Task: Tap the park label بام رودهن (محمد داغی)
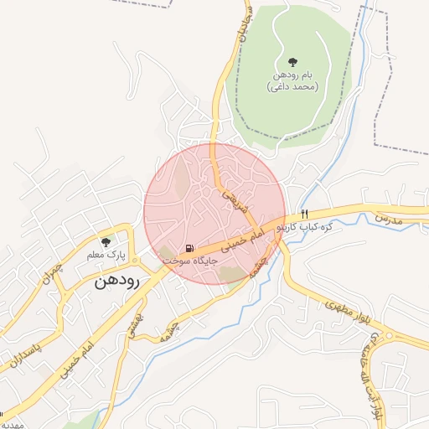(x=292, y=80)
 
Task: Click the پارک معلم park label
(x=106, y=253)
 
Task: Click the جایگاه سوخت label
(x=190, y=261)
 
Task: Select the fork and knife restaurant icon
(x=304, y=214)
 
